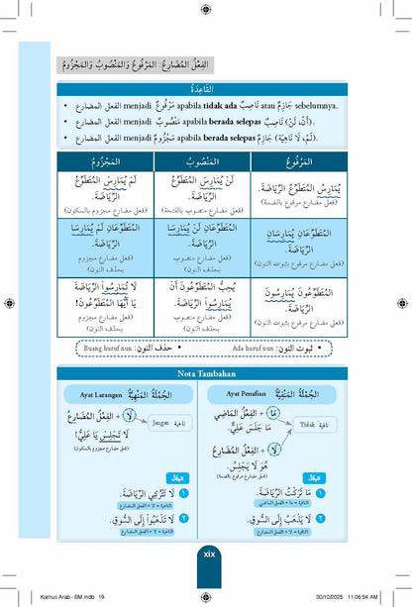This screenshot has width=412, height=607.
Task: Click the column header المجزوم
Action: [x=99, y=159]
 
